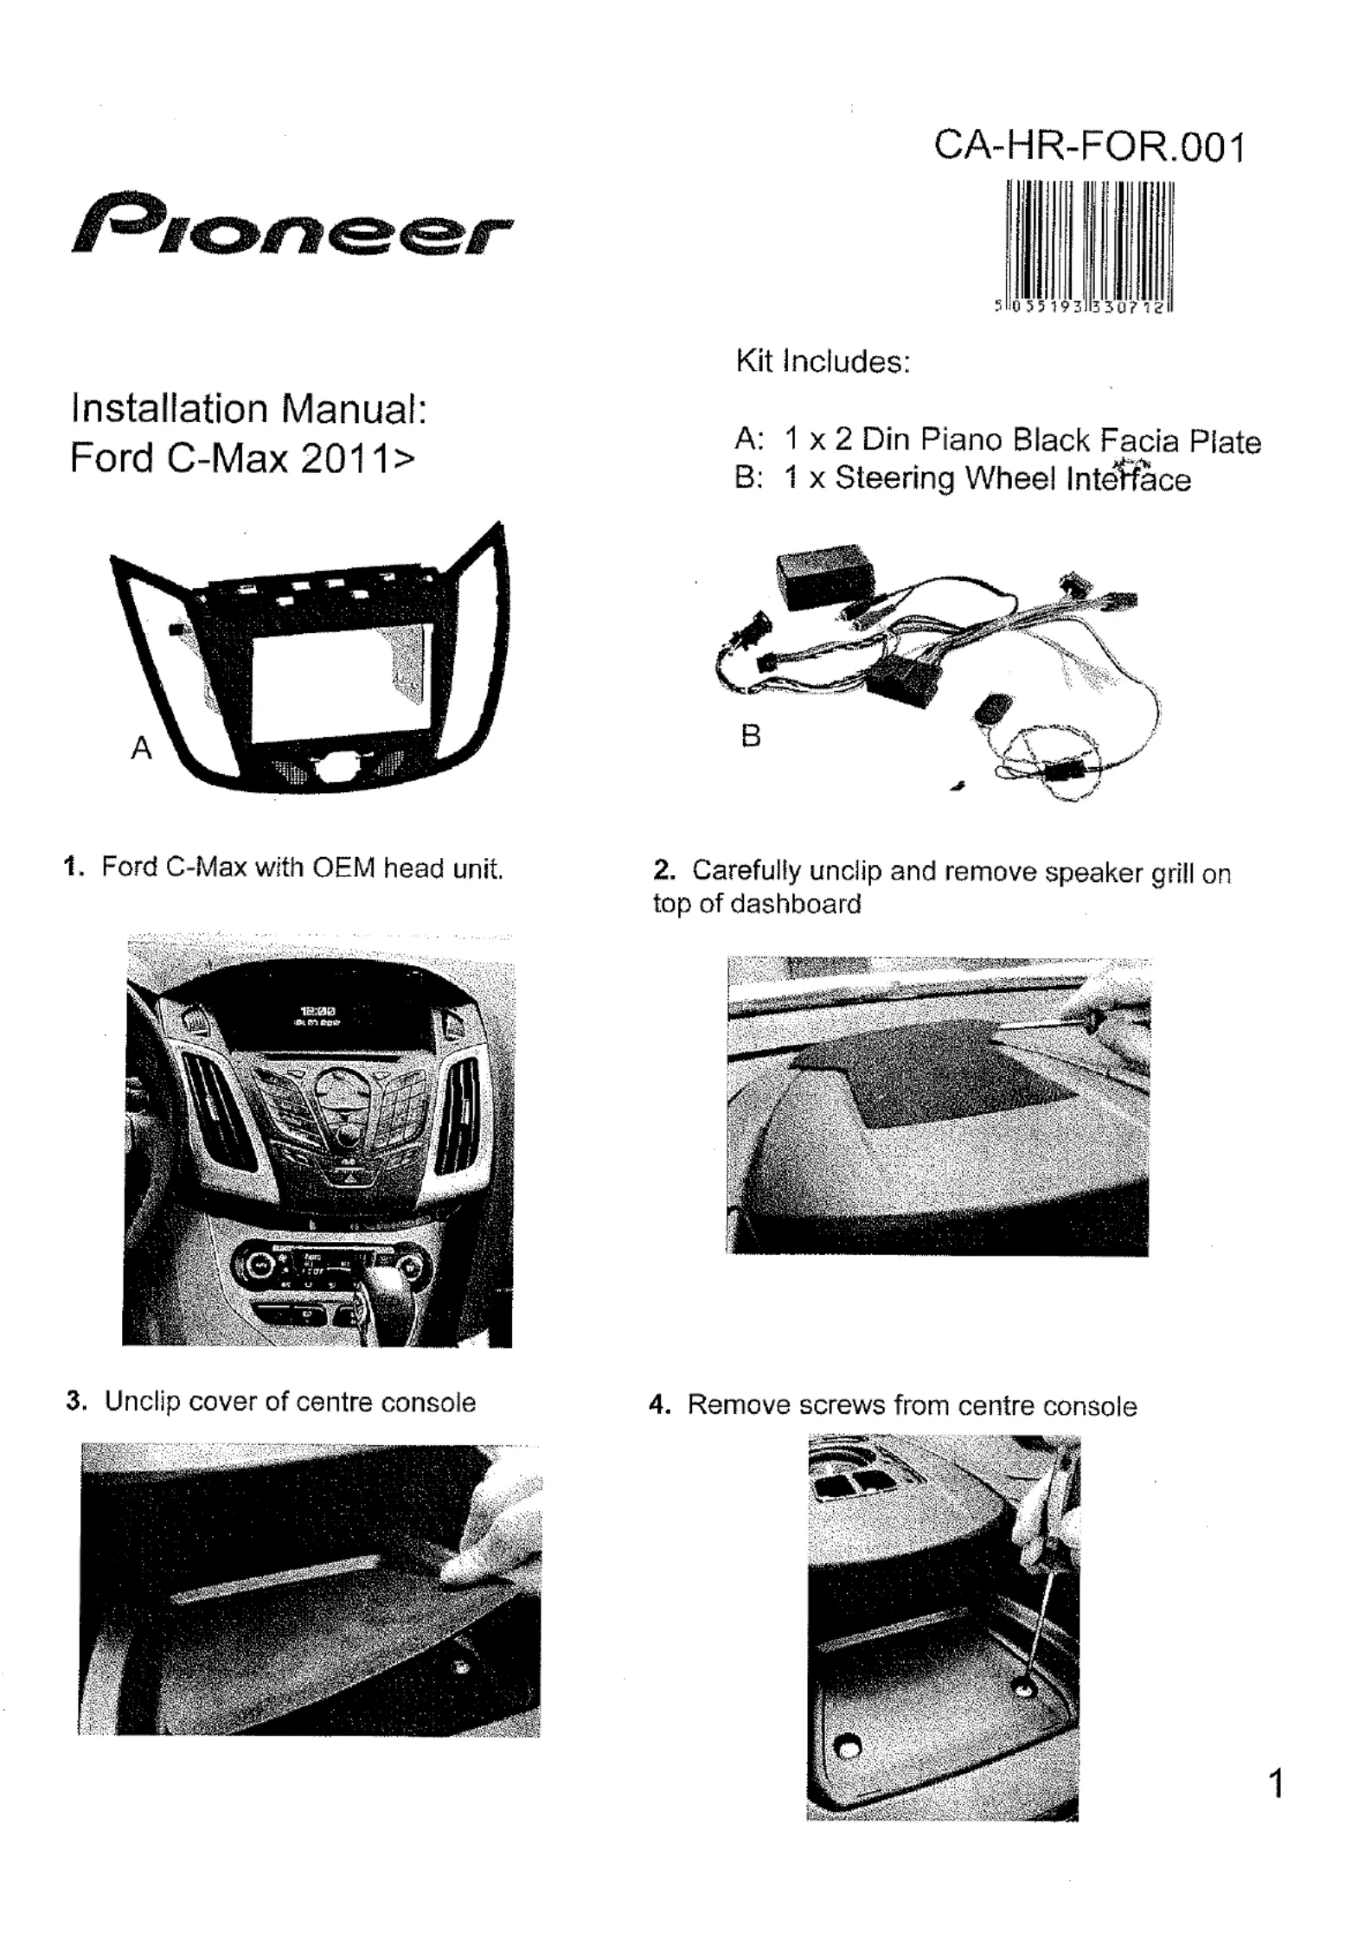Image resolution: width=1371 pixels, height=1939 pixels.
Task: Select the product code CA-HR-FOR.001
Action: pos(1089,146)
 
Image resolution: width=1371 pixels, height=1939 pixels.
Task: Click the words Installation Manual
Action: pos(249,408)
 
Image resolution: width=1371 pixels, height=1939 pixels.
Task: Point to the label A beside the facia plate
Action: pos(141,747)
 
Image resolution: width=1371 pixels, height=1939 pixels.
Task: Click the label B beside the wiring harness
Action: pos(751,736)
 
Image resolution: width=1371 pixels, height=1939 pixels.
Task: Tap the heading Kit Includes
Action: pos(823,361)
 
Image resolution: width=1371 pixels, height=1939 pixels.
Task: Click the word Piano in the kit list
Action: pos(961,440)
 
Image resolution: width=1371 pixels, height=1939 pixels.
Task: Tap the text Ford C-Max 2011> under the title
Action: pos(242,458)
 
